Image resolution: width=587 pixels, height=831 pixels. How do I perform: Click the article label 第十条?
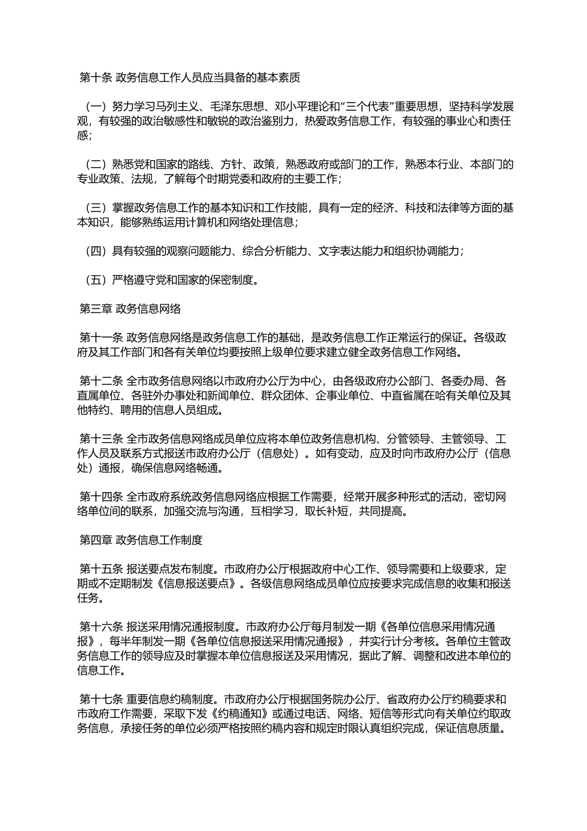96,78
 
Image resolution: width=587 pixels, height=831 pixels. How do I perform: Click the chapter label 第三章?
96,309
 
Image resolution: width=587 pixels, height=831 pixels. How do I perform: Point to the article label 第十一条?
101,338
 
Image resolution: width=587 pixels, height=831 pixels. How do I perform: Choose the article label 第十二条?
101,381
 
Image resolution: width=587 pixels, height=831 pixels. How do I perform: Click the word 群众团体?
286,395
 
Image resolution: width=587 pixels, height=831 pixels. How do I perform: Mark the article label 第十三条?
101,438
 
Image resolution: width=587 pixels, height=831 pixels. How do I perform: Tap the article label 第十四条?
101,496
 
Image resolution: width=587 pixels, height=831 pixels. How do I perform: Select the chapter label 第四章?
96,540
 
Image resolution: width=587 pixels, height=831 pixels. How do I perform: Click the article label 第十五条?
101,569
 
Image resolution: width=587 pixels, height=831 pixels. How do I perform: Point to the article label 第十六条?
101,626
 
